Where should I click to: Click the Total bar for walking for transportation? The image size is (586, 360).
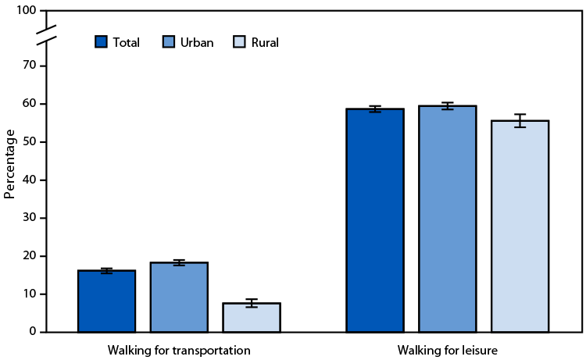(x=106, y=301)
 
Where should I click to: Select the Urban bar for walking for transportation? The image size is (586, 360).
(x=179, y=298)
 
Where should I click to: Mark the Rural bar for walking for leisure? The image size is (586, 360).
(x=520, y=226)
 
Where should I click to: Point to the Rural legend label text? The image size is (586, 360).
(x=265, y=43)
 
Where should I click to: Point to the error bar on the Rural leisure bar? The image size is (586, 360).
(x=520, y=120)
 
